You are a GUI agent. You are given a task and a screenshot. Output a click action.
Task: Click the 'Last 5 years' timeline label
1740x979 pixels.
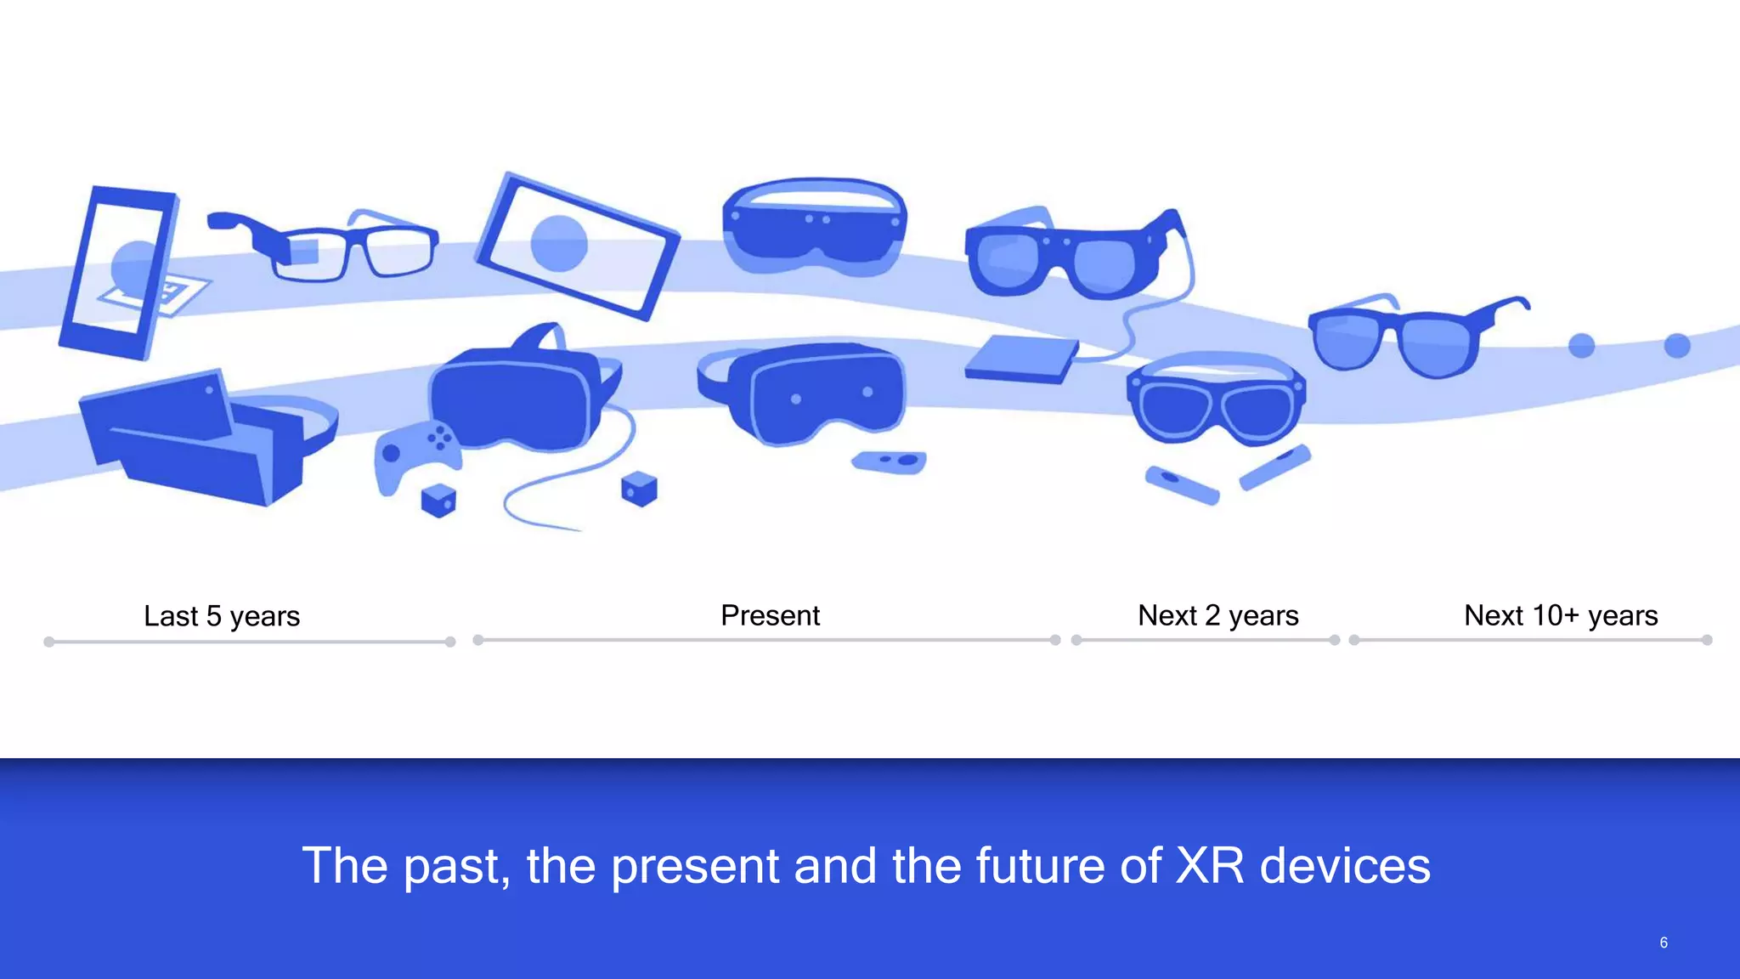[x=222, y=616]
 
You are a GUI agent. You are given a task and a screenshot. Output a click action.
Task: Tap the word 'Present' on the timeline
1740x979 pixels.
[x=770, y=615]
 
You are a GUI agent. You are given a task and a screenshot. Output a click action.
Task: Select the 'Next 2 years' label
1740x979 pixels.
[x=1217, y=615]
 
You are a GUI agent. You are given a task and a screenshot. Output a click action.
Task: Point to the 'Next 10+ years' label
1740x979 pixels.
[x=1560, y=615]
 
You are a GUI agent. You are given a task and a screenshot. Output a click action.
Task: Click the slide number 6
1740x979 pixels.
[x=1663, y=942]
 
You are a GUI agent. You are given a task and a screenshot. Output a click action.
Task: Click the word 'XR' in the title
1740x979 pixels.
[x=1209, y=866]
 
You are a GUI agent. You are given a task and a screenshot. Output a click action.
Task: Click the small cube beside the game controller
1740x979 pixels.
[x=438, y=500]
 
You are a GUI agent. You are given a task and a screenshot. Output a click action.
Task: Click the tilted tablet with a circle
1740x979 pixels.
[x=578, y=246]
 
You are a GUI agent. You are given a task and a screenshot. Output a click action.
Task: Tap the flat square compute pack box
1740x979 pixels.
[x=1022, y=359]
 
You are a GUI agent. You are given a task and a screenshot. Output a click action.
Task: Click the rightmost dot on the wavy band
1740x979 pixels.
[x=1676, y=346]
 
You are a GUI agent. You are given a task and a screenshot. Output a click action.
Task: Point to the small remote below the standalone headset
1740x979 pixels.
[x=889, y=461]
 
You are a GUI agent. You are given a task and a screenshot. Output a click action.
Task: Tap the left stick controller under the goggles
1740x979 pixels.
[x=1182, y=484]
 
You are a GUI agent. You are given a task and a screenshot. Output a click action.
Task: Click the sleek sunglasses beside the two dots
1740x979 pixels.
[x=1410, y=336]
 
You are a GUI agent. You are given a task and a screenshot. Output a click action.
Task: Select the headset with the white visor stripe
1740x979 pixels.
[x=814, y=225]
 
